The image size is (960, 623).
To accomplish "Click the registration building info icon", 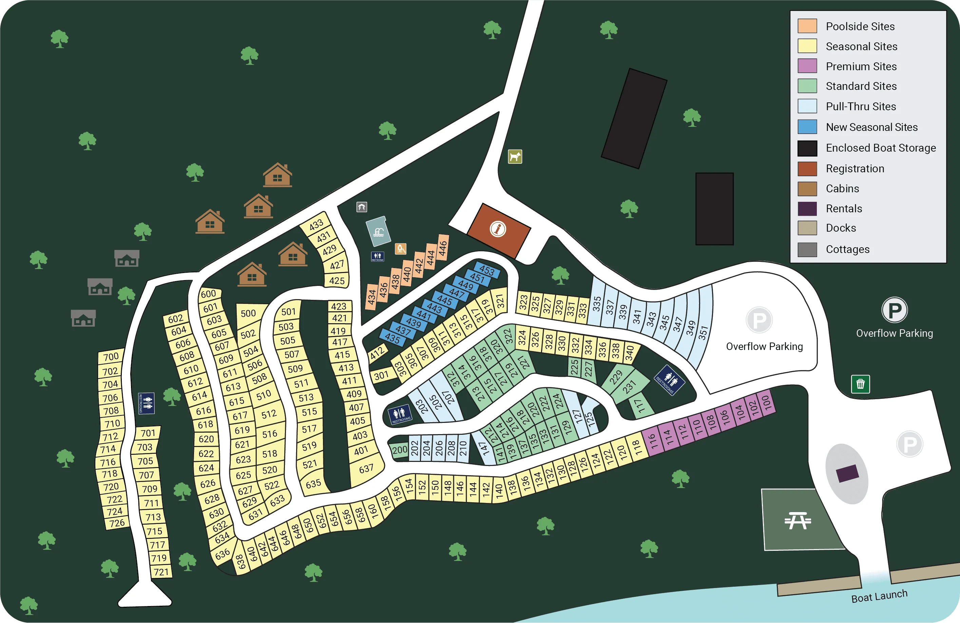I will pos(498,229).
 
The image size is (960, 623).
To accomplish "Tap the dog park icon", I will pos(515,156).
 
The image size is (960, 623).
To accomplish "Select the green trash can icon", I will pos(860,384).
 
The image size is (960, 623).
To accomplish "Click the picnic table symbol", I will pos(798,520).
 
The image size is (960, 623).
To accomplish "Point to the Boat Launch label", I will pos(879,596).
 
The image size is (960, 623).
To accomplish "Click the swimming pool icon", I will pos(378,231).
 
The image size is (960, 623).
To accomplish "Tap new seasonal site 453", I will pos(486,271).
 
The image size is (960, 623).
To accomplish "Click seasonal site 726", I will pos(117,523).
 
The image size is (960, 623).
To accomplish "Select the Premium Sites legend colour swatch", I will pos(807,66).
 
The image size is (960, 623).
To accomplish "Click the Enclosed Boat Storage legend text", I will pos(881,148).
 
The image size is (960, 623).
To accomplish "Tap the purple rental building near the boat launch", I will pos(847,473).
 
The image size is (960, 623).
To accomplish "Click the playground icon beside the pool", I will pos(400,248).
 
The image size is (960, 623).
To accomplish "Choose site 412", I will pos(377,354).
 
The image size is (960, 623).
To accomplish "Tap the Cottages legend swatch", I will pos(807,249).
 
